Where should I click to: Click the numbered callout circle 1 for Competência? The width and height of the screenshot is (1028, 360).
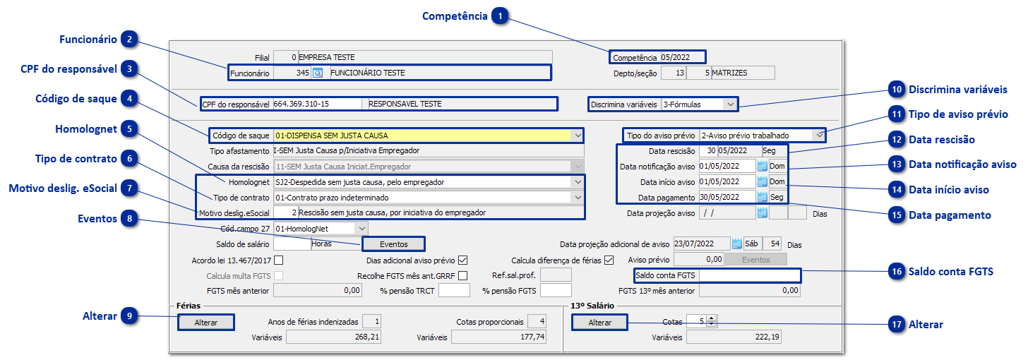tap(501, 16)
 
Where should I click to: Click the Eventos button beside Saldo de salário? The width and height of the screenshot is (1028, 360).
tap(393, 244)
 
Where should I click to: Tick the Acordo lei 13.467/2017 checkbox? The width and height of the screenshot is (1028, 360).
tap(278, 260)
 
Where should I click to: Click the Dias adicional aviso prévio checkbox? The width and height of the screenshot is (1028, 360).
tap(463, 260)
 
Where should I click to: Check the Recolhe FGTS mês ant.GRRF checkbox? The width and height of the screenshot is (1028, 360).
tap(463, 275)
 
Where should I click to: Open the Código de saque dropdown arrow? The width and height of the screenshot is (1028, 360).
tap(578, 135)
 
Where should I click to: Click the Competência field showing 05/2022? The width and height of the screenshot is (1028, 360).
tap(681, 57)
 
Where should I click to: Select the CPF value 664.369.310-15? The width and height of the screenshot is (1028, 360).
tap(318, 104)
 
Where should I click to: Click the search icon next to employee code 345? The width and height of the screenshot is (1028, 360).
tap(318, 72)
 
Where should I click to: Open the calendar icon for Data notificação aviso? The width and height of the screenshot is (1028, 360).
tap(762, 166)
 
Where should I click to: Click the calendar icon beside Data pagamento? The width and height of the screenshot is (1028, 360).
tap(762, 197)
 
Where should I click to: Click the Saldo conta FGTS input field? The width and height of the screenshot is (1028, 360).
tap(748, 275)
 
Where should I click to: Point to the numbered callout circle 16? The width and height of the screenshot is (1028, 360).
tap(897, 272)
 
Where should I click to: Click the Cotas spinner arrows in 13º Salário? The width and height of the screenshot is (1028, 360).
tap(712, 321)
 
